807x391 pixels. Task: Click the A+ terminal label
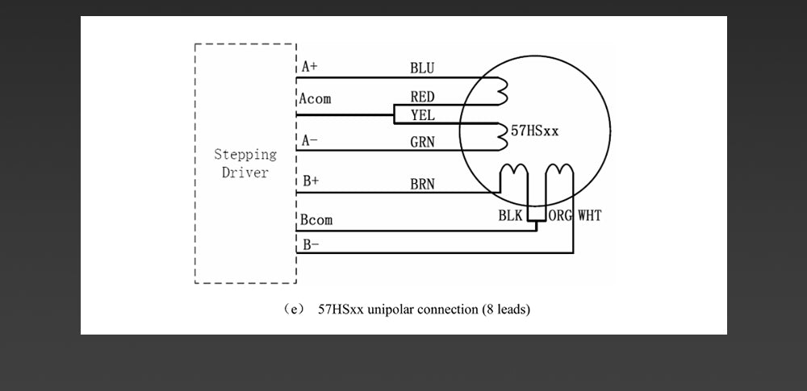coord(312,67)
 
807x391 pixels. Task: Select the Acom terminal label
coord(315,98)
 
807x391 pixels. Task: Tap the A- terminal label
coord(310,140)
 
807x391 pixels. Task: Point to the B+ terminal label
coord(311,181)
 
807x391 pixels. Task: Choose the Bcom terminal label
coord(316,219)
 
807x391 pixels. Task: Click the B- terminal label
coord(311,245)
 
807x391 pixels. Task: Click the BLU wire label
coord(422,68)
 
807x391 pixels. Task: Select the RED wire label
coord(422,97)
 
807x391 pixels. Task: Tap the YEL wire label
coord(423,115)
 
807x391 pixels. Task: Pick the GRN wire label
coord(422,141)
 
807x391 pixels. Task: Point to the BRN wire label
coord(422,184)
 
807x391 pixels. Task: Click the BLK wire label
coord(510,215)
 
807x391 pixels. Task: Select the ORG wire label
coord(560,215)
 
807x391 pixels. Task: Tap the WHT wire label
coord(589,215)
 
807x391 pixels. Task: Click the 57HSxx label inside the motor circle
coord(534,131)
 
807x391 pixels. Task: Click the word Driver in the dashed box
coord(245,173)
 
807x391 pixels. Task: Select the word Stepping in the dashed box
coord(245,154)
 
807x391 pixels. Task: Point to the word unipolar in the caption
coord(389,310)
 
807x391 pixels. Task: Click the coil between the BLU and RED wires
coord(504,91)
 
